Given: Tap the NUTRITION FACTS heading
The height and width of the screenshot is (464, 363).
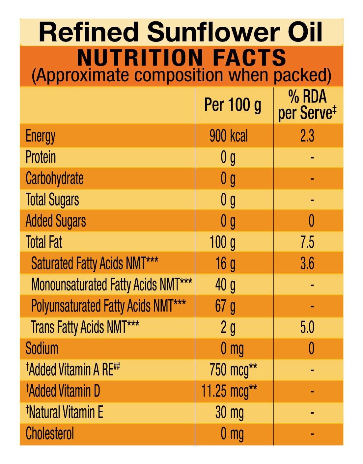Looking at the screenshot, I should pyautogui.click(x=181, y=58).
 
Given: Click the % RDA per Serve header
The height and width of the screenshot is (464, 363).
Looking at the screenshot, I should pyautogui.click(x=307, y=105).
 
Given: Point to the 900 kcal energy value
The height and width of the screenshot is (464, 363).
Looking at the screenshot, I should pyautogui.click(x=229, y=136).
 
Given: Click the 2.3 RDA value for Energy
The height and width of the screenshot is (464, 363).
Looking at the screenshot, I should pyautogui.click(x=307, y=136).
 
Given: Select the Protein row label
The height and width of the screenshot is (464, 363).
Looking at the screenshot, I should pyautogui.click(x=41, y=157).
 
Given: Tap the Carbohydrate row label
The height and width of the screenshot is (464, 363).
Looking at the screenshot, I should pyautogui.click(x=55, y=178).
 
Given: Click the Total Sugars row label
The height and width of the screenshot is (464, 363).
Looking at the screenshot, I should pyautogui.click(x=52, y=200).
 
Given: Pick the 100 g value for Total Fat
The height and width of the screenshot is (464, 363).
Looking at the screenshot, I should pyautogui.click(x=223, y=242).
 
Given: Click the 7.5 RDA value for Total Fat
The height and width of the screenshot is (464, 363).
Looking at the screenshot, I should pyautogui.click(x=307, y=242).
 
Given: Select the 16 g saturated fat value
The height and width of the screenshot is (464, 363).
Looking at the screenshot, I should pyautogui.click(x=225, y=263).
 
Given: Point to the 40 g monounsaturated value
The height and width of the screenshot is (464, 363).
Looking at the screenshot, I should pyautogui.click(x=225, y=285).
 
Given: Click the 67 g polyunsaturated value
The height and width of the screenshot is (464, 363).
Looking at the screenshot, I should pyautogui.click(x=225, y=306).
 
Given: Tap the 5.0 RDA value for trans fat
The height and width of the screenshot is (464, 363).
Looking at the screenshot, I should pyautogui.click(x=307, y=327).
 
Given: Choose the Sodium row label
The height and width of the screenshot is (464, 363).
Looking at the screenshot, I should pyautogui.click(x=42, y=348).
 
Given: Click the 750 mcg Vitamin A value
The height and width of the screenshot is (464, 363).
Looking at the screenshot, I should pyautogui.click(x=233, y=370).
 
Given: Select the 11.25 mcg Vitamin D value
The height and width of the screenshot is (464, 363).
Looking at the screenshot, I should pyautogui.click(x=229, y=391).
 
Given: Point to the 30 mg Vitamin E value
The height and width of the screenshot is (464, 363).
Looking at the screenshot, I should pyautogui.click(x=229, y=412).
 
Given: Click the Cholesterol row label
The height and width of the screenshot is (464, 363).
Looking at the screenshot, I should pyautogui.click(x=50, y=433).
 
